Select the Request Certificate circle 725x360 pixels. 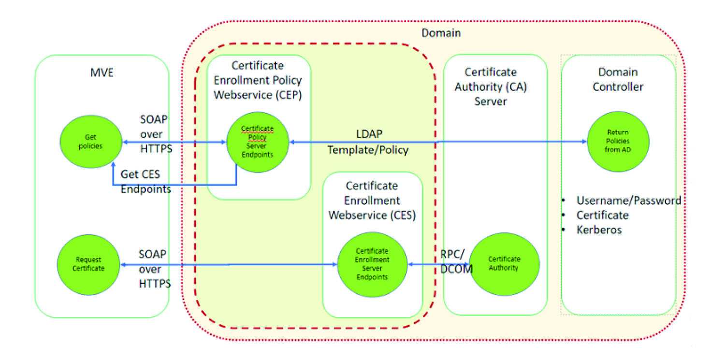coord(87,264)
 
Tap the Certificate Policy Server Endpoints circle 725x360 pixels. coord(258,142)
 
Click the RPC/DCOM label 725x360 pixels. coord(456,262)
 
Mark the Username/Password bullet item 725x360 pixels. coord(628,200)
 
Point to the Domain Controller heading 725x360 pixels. coord(618,80)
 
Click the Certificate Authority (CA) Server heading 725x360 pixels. coord(491,87)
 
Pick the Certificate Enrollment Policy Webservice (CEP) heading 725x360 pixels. coord(258,80)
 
